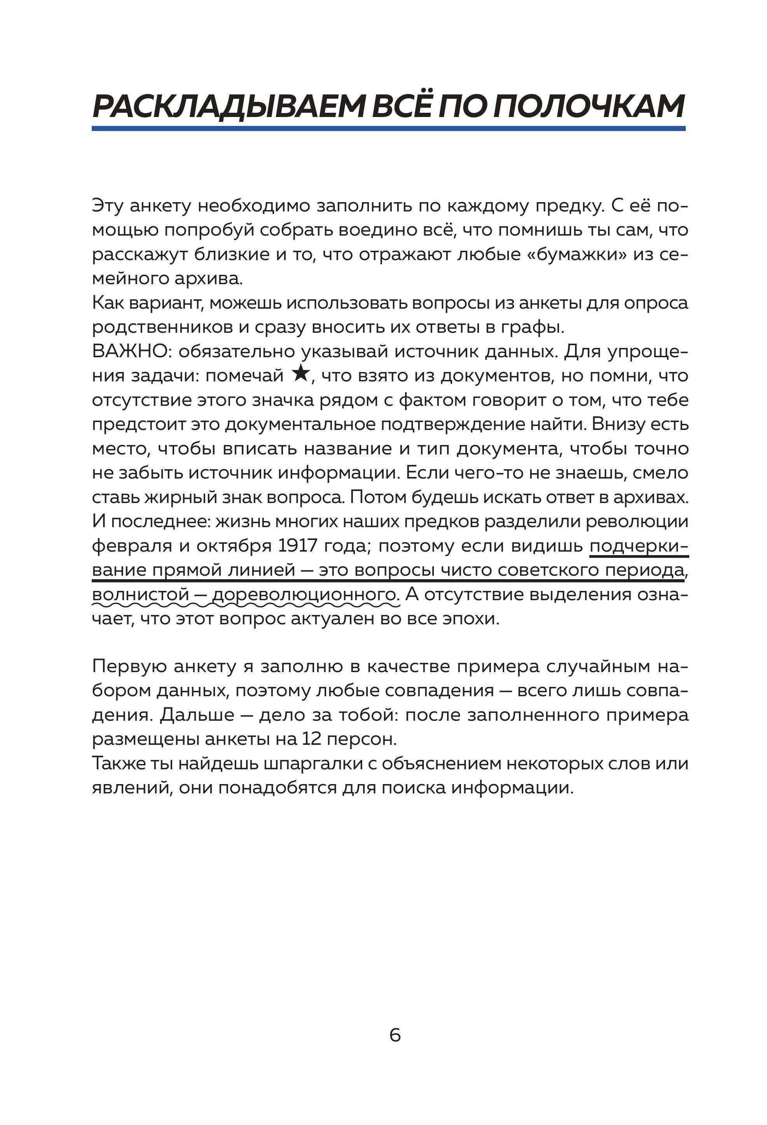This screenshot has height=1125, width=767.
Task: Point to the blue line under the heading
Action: (388, 128)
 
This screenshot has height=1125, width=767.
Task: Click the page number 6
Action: (395, 1034)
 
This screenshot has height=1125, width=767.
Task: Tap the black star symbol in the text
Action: (301, 374)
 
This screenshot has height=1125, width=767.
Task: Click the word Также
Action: (116, 763)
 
